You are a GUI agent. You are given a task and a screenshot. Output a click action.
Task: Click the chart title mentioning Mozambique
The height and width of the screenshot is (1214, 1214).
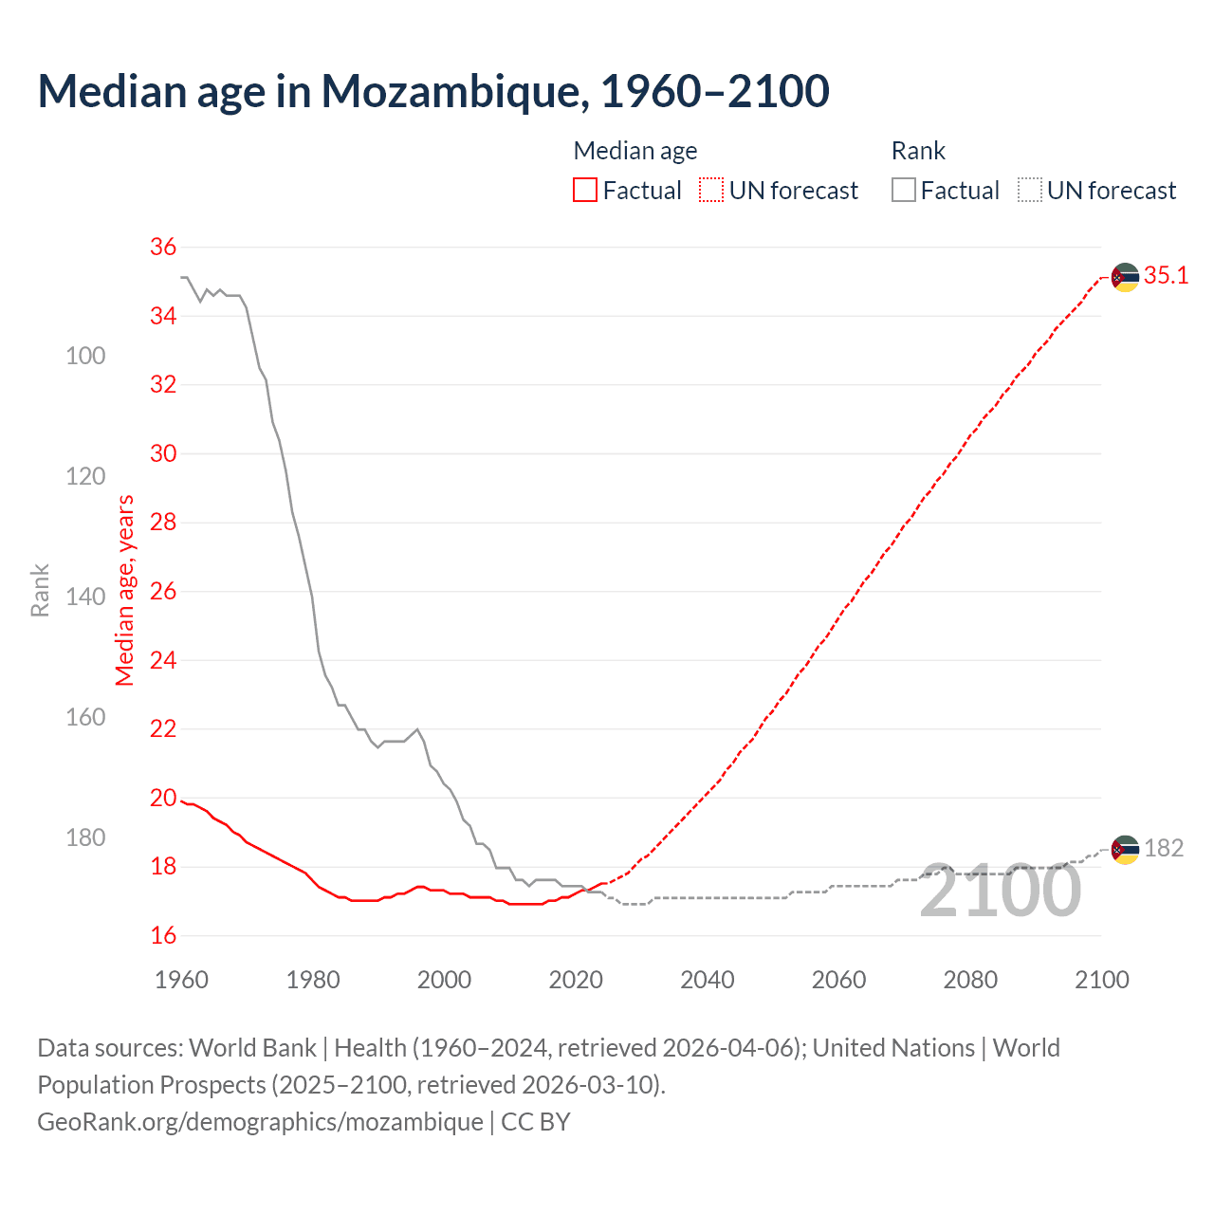point(433,91)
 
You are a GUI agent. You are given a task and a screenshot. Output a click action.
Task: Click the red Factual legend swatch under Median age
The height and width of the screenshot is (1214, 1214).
point(585,190)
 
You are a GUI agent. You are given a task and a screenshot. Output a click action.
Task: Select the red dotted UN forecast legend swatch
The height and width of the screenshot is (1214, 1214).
point(711,190)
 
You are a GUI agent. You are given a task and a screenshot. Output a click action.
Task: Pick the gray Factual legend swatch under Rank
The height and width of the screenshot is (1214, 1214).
point(904,190)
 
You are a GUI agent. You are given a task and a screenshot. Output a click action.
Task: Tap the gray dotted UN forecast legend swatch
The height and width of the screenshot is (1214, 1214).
point(1030,190)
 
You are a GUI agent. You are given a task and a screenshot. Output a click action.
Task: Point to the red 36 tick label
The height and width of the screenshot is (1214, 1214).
point(163,247)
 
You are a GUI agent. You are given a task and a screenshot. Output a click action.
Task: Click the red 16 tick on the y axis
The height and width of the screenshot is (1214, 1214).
point(163,935)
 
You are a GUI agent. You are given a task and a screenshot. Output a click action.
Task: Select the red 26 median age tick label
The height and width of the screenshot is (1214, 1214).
point(163,591)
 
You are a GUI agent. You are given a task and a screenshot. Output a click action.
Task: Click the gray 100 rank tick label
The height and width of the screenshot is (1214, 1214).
point(85,356)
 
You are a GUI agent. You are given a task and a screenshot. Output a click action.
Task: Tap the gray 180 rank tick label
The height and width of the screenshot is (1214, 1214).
point(85,837)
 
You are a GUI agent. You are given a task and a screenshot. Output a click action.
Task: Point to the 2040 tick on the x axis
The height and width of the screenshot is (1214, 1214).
point(708,980)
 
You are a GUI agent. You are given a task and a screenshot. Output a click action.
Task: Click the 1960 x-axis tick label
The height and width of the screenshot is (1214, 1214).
point(181,980)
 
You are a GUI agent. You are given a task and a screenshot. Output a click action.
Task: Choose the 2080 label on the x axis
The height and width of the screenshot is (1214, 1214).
point(970,980)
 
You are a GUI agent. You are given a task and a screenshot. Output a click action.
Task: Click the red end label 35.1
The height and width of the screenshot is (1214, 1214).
point(1166,276)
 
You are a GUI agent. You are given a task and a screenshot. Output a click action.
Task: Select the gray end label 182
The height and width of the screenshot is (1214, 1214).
point(1164,848)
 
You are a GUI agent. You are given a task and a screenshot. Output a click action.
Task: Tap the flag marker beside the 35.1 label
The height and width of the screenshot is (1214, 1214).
point(1125,277)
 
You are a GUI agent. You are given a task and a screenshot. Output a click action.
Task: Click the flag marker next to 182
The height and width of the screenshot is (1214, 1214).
point(1125,849)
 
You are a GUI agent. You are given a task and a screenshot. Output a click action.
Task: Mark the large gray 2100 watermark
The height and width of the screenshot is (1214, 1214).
point(1000,892)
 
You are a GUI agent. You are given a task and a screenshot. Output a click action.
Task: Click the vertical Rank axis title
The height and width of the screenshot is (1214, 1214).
point(40,591)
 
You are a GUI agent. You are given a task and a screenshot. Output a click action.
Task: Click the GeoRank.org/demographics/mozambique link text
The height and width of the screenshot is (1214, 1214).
point(260,1122)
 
